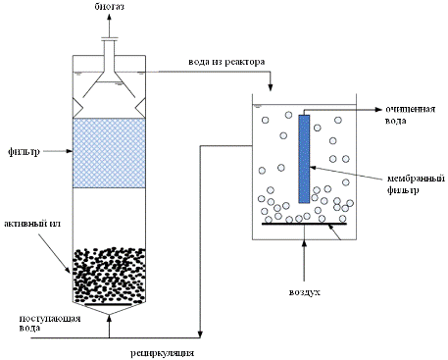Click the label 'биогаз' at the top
(110, 7)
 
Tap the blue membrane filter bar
(304, 159)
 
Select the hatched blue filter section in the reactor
(109, 153)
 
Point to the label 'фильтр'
(24, 152)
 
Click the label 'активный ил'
(32, 224)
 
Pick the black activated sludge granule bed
(109, 276)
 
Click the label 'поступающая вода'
(50, 323)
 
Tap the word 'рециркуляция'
(163, 353)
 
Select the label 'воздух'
(305, 292)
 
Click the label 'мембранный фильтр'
(416, 184)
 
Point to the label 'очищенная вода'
(410, 115)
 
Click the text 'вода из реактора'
(226, 62)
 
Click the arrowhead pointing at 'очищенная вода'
(378, 109)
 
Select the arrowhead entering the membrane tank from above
(271, 87)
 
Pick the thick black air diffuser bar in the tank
(304, 224)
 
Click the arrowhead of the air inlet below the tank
(304, 244)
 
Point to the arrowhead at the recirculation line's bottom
(200, 334)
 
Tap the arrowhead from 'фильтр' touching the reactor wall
(69, 151)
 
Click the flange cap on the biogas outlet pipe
(110, 39)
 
